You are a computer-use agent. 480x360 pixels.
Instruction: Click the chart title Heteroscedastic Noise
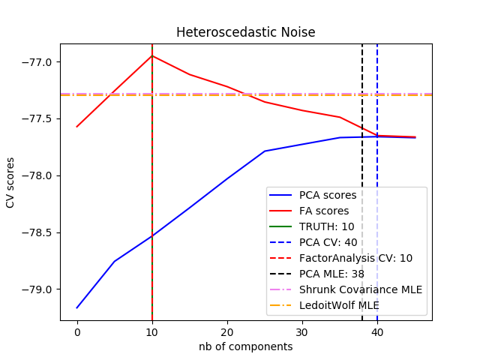(x=245, y=32)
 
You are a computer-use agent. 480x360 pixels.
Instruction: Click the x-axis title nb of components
(x=245, y=346)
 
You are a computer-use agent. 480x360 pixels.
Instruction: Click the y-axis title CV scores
(x=10, y=182)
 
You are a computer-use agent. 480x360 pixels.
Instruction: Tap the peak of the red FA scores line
(x=152, y=55)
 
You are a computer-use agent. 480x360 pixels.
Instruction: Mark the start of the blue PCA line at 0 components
(x=77, y=307)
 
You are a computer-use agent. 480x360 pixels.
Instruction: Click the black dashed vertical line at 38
(x=362, y=112)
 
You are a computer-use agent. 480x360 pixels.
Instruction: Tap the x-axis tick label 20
(x=227, y=332)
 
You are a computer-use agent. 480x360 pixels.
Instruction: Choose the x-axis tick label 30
(x=302, y=332)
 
